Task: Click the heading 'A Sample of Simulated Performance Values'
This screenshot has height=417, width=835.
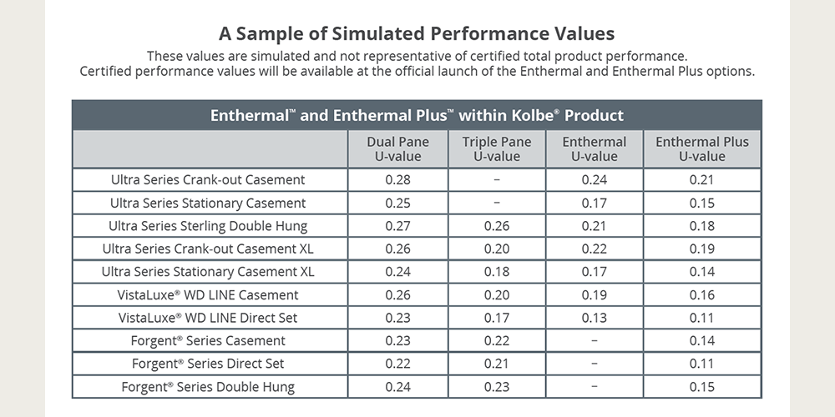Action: [x=417, y=34]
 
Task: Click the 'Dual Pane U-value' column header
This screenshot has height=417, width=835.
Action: [x=397, y=148]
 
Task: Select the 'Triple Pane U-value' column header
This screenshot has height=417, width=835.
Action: [x=496, y=148]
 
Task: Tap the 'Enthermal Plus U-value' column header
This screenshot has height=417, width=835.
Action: [x=701, y=148]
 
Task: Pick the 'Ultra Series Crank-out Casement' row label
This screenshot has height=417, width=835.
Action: [x=208, y=180]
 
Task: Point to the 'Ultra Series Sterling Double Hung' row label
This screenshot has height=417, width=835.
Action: [x=208, y=226]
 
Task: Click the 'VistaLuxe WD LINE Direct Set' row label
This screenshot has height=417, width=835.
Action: [x=208, y=318]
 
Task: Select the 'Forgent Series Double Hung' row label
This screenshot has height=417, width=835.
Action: [x=208, y=387]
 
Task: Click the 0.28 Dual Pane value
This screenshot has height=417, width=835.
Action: [x=397, y=180]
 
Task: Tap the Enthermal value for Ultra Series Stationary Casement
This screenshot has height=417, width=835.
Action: [x=594, y=203]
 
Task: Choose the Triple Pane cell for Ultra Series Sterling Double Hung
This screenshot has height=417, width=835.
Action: [x=496, y=226]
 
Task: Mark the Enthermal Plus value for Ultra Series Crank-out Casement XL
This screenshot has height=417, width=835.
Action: [x=701, y=249]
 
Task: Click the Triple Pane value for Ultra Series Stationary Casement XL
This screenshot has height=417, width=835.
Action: [x=496, y=272]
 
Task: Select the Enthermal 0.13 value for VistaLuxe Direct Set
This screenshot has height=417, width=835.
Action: [x=594, y=318]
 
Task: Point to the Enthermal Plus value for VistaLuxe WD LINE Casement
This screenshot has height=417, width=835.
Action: [x=701, y=295]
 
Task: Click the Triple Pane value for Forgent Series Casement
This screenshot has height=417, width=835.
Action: [x=496, y=341]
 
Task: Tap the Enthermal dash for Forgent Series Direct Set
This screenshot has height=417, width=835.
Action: [x=594, y=364]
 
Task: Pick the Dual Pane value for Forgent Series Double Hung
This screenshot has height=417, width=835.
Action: [x=397, y=387]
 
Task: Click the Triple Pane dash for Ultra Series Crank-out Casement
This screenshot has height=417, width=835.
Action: [x=496, y=180]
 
